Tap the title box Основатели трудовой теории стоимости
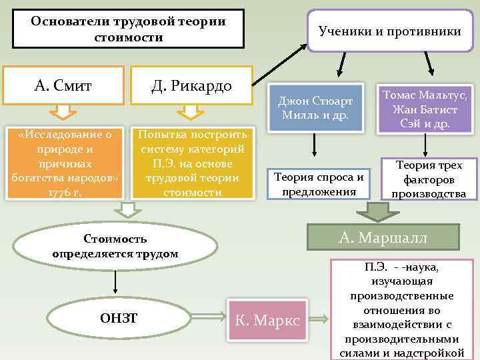pos(129,29)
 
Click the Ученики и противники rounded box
pos(389,31)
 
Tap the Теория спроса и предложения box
pos(319,183)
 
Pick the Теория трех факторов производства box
pos(430,179)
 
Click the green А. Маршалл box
pos(382,237)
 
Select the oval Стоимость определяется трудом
pos(115,245)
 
